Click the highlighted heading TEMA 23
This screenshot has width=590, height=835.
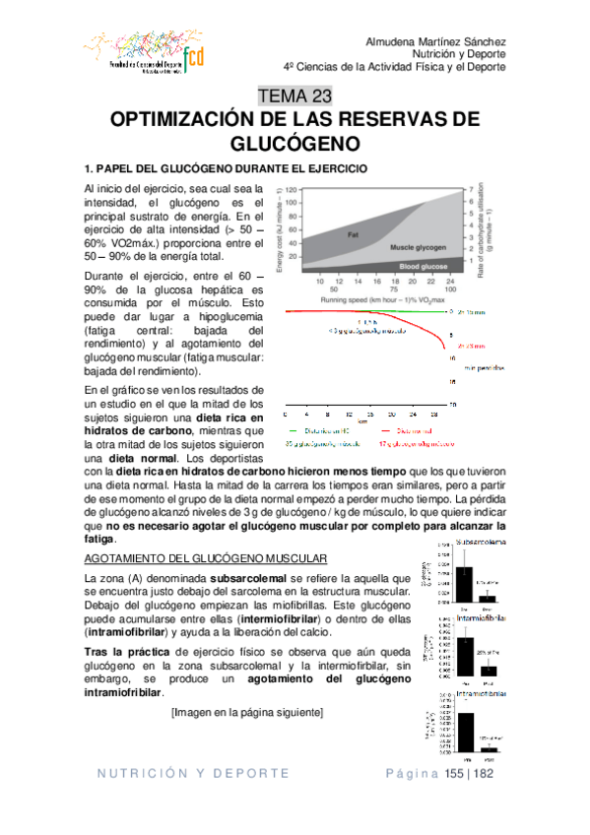click(295, 96)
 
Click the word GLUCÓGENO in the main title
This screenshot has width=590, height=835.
click(295, 143)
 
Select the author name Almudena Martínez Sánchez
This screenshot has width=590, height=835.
click(436, 42)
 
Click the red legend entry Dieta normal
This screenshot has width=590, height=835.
click(416, 430)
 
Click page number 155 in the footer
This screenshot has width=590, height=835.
click(459, 774)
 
